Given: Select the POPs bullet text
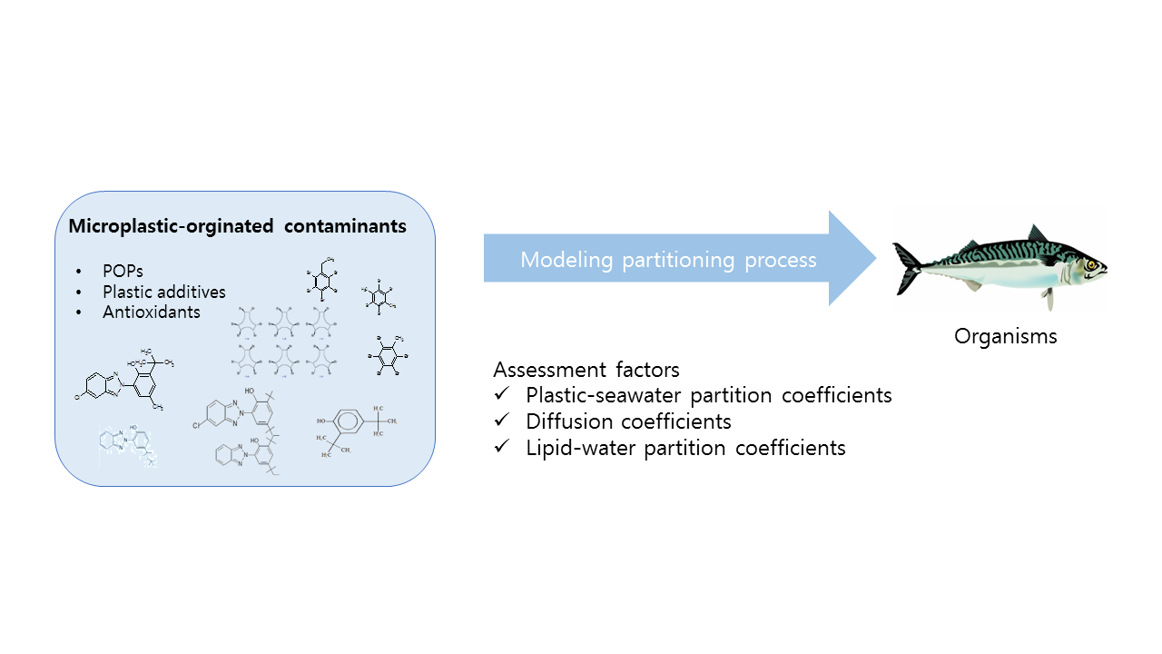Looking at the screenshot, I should tap(123, 272).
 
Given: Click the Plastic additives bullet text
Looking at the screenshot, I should tap(163, 292).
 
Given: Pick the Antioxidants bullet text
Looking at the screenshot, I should tap(151, 312).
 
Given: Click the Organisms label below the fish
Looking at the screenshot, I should tap(1005, 336).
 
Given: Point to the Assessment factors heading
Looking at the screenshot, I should tap(586, 370).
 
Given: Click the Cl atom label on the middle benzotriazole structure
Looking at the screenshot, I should tap(199, 424).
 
